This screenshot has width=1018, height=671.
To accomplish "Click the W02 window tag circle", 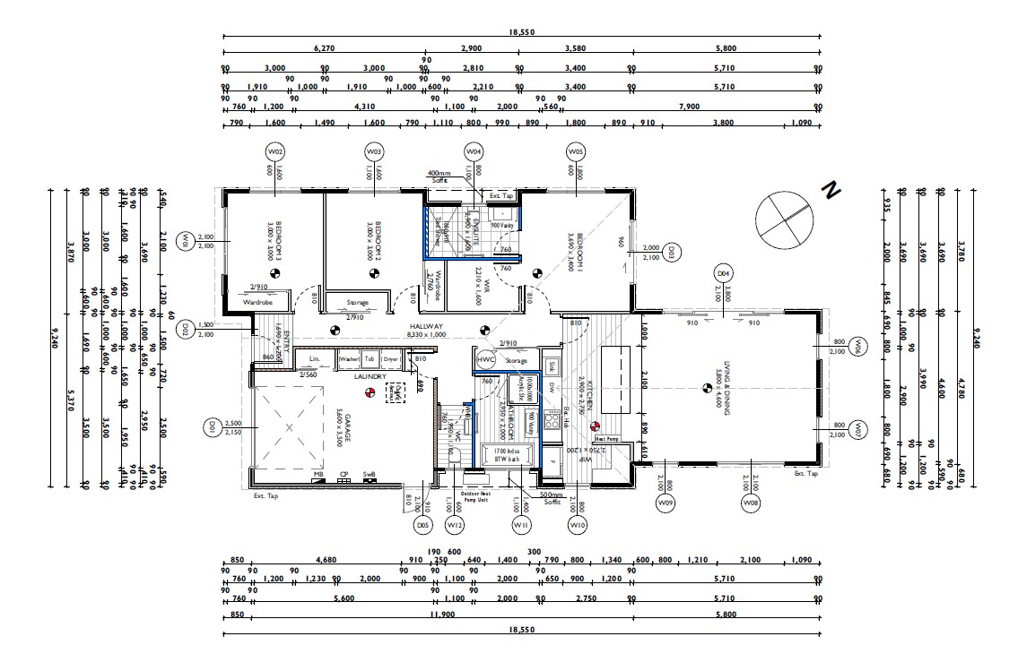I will pyautogui.click(x=275, y=152).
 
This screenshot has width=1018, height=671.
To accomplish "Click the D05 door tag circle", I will pyautogui.click(x=423, y=525).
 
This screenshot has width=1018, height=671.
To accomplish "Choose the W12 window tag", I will pyautogui.click(x=456, y=525).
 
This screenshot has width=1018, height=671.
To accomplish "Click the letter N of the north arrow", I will pyautogui.click(x=831, y=190).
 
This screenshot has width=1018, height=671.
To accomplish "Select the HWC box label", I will pyautogui.click(x=486, y=360).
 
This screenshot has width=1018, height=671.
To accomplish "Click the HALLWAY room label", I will pyautogui.click(x=427, y=327).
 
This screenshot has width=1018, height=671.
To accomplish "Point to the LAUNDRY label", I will pyautogui.click(x=370, y=376).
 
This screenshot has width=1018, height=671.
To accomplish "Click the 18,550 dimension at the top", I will pyautogui.click(x=521, y=32).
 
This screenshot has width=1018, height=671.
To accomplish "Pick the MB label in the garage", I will pyautogui.click(x=318, y=474).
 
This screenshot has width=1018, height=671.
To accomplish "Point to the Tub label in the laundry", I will pyautogui.click(x=370, y=359).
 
